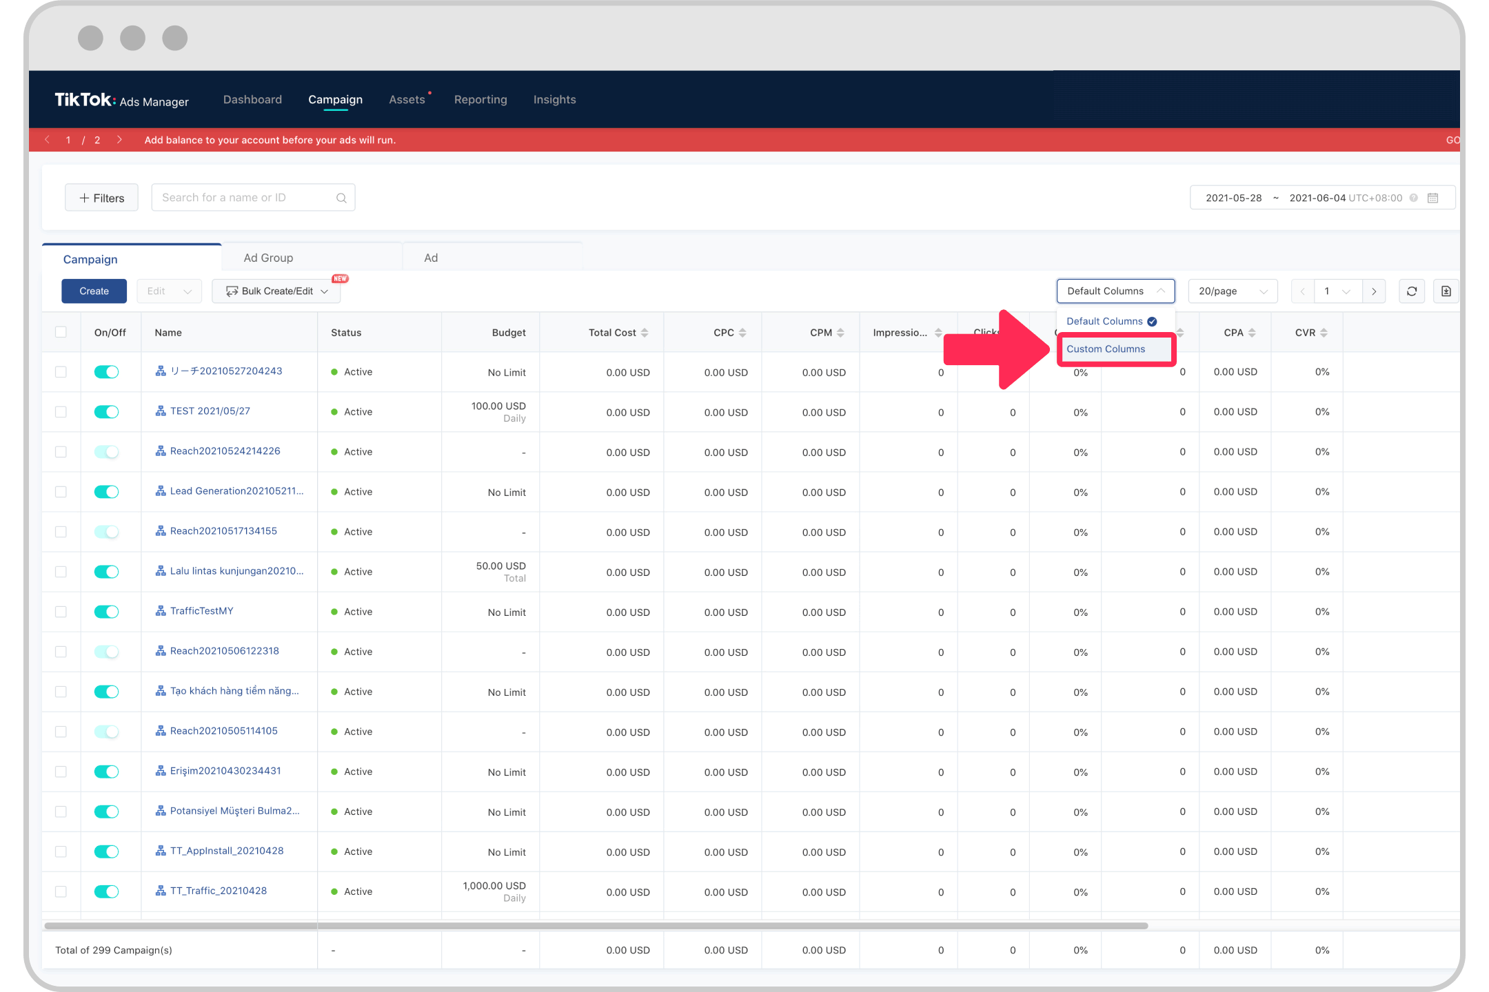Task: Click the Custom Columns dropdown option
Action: tap(1106, 349)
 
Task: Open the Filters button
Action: tap(101, 198)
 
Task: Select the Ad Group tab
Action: tap(268, 258)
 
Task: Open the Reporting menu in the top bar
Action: tap(480, 99)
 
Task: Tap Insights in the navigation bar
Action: tap(554, 99)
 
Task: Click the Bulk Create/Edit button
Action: tap(276, 291)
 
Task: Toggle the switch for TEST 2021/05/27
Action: tap(107, 412)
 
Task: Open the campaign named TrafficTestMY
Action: tap(201, 611)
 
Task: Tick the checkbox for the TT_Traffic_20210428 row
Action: tap(61, 891)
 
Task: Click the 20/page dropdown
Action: tap(1232, 291)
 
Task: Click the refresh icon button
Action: tap(1411, 291)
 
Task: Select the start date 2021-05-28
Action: tap(1233, 198)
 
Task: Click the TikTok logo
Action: tap(85, 100)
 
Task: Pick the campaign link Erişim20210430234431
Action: tap(225, 771)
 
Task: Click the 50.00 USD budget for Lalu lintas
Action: tap(500, 566)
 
